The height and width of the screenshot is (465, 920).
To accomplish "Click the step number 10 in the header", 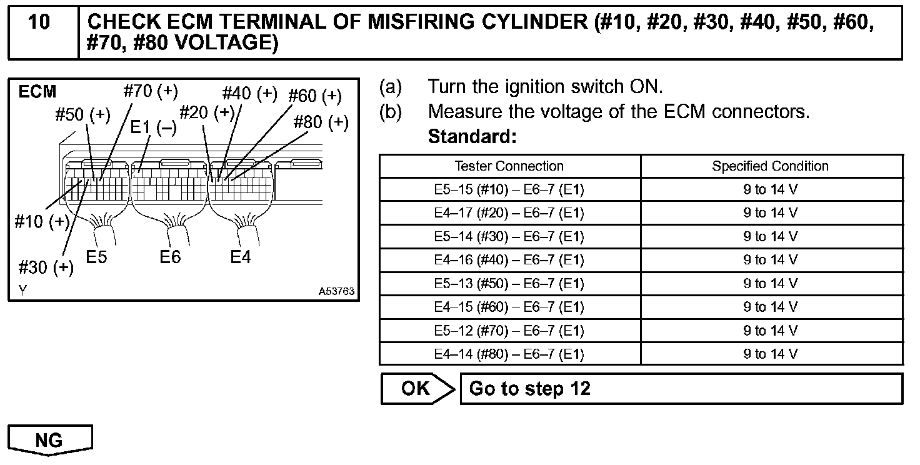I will [39, 22].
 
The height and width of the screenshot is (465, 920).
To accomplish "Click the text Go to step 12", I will [529, 389].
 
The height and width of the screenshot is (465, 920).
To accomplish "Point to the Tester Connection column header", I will [509, 166].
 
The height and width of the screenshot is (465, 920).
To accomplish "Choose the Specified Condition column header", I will [770, 166].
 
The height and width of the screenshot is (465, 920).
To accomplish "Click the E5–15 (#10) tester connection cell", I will [509, 190].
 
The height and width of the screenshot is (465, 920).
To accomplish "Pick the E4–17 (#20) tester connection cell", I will [509, 213].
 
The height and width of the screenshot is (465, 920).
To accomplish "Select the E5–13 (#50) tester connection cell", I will [509, 284].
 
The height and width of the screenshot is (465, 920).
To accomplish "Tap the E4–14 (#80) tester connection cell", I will [509, 354].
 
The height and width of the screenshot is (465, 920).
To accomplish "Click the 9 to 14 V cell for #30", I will [770, 237].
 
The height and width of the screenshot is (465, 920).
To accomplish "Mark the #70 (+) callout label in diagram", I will [151, 91].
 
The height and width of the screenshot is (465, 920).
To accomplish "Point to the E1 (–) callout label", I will [153, 127].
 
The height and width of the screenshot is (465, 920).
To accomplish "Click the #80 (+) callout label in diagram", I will [321, 122].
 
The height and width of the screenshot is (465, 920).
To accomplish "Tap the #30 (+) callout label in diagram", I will [46, 267].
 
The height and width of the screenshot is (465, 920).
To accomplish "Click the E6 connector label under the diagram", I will [169, 256].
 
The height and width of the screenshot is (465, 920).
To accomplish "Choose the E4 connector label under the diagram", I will [240, 256].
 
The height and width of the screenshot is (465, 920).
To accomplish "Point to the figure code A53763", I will [336, 291].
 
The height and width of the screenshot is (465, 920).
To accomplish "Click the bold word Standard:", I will [472, 136].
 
